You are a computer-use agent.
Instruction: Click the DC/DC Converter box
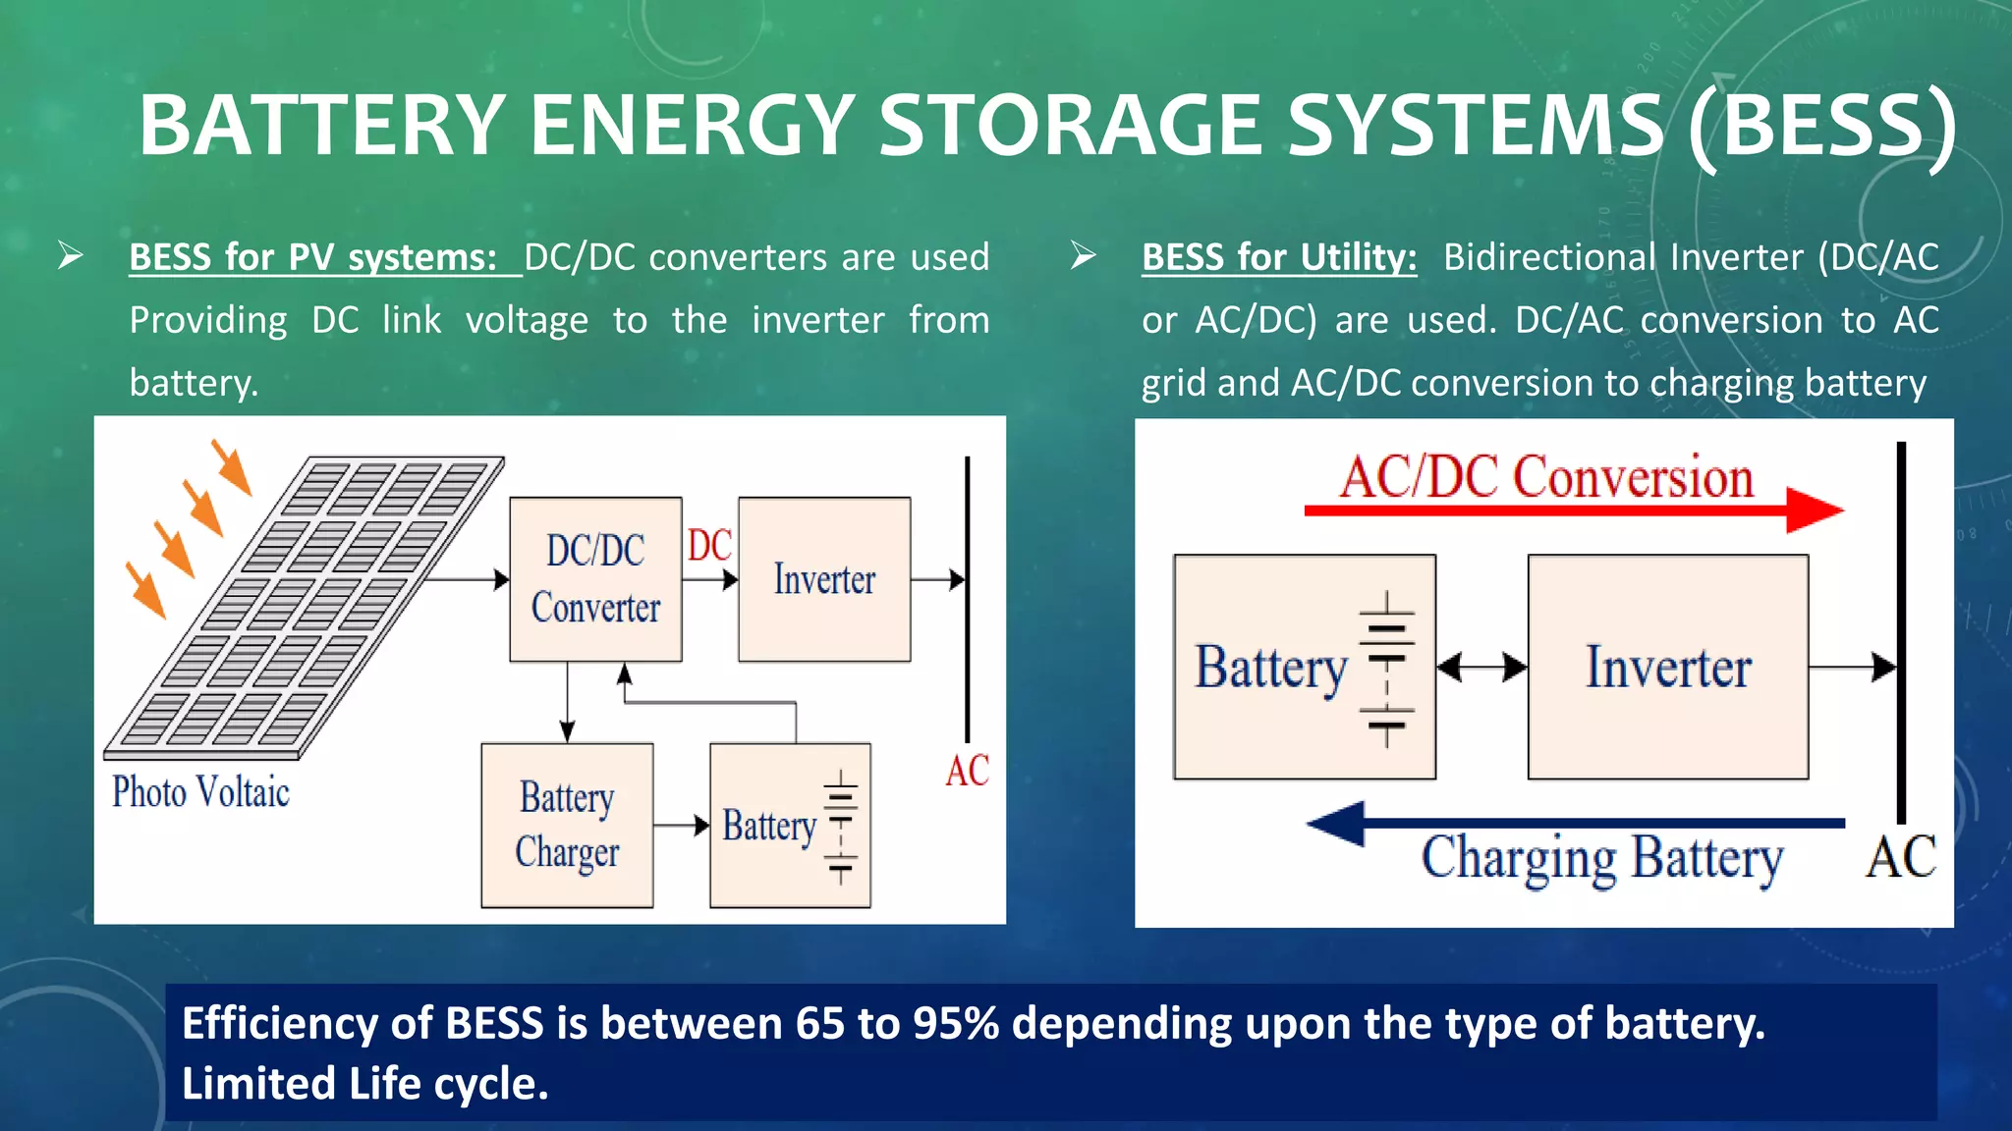pyautogui.click(x=595, y=578)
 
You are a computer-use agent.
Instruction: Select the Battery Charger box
pyautogui.click(x=567, y=825)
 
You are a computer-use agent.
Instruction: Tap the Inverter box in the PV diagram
pyautogui.click(x=824, y=578)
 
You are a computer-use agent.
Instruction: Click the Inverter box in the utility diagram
pyautogui.click(x=1667, y=667)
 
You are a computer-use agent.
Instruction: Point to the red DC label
pyautogui.click(x=709, y=546)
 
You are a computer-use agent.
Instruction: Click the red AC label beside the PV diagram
pyautogui.click(x=967, y=771)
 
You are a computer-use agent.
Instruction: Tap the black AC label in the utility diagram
pyautogui.click(x=1900, y=857)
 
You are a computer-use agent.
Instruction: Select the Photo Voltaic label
pyautogui.click(x=200, y=792)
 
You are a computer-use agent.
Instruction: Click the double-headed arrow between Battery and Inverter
pyautogui.click(x=1481, y=668)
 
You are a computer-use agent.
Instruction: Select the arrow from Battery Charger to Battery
pyautogui.click(x=681, y=826)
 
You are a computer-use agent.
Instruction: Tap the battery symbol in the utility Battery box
pyautogui.click(x=1386, y=669)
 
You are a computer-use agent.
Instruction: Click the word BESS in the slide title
pyautogui.click(x=1821, y=126)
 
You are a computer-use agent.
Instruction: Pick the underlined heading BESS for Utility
pyautogui.click(x=1279, y=257)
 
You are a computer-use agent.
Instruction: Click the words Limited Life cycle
pyautogui.click(x=364, y=1084)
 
